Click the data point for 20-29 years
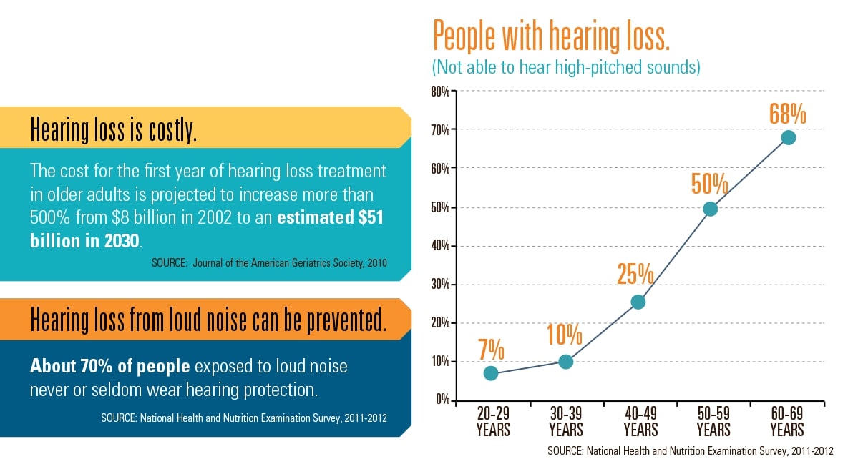490,373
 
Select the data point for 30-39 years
565,362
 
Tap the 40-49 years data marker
638,302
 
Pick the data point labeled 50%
711,209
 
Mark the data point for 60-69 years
789,137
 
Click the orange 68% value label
788,114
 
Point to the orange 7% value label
492,351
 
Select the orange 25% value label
635,275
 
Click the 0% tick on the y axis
442,400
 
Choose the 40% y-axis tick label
439,246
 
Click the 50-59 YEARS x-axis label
713,422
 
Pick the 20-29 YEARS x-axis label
492,422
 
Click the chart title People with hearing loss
551,35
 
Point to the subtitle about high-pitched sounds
565,67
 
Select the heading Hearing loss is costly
113,132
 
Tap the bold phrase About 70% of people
110,367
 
